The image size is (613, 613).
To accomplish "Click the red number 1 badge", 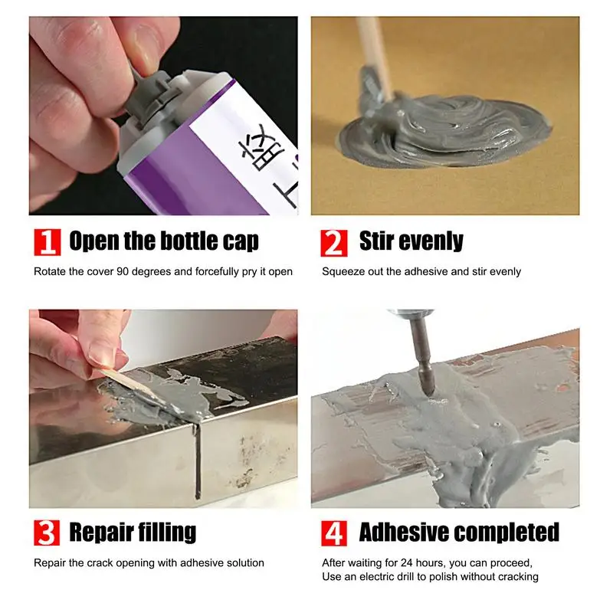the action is [x=48, y=242].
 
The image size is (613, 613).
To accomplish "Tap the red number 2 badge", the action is [x=334, y=243].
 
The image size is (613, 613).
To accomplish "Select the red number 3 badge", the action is [x=47, y=533].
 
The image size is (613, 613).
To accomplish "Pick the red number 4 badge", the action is [x=334, y=533].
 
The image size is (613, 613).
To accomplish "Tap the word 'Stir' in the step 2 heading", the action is [x=377, y=241].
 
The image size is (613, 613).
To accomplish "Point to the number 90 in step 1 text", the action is [x=123, y=271].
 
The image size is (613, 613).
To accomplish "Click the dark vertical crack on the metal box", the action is [x=198, y=461].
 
